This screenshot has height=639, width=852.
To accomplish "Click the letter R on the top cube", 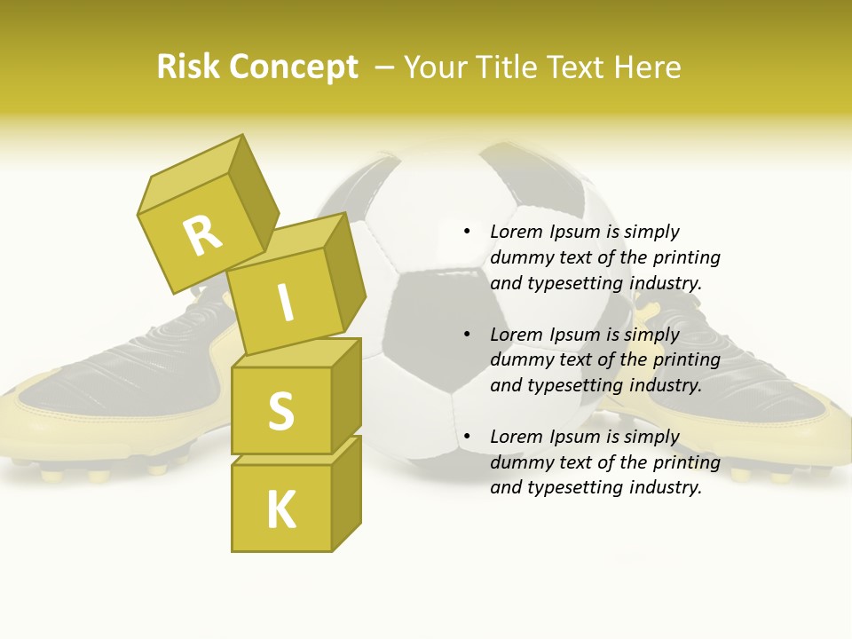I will click(202, 235).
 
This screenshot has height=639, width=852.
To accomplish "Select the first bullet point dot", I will click(467, 232).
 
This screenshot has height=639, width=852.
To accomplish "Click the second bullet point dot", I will click(467, 335).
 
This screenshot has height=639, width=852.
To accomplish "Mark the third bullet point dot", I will click(467, 437).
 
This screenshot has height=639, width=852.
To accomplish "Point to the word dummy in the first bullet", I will click(519, 258).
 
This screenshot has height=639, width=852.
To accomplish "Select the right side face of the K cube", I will click(346, 493).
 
